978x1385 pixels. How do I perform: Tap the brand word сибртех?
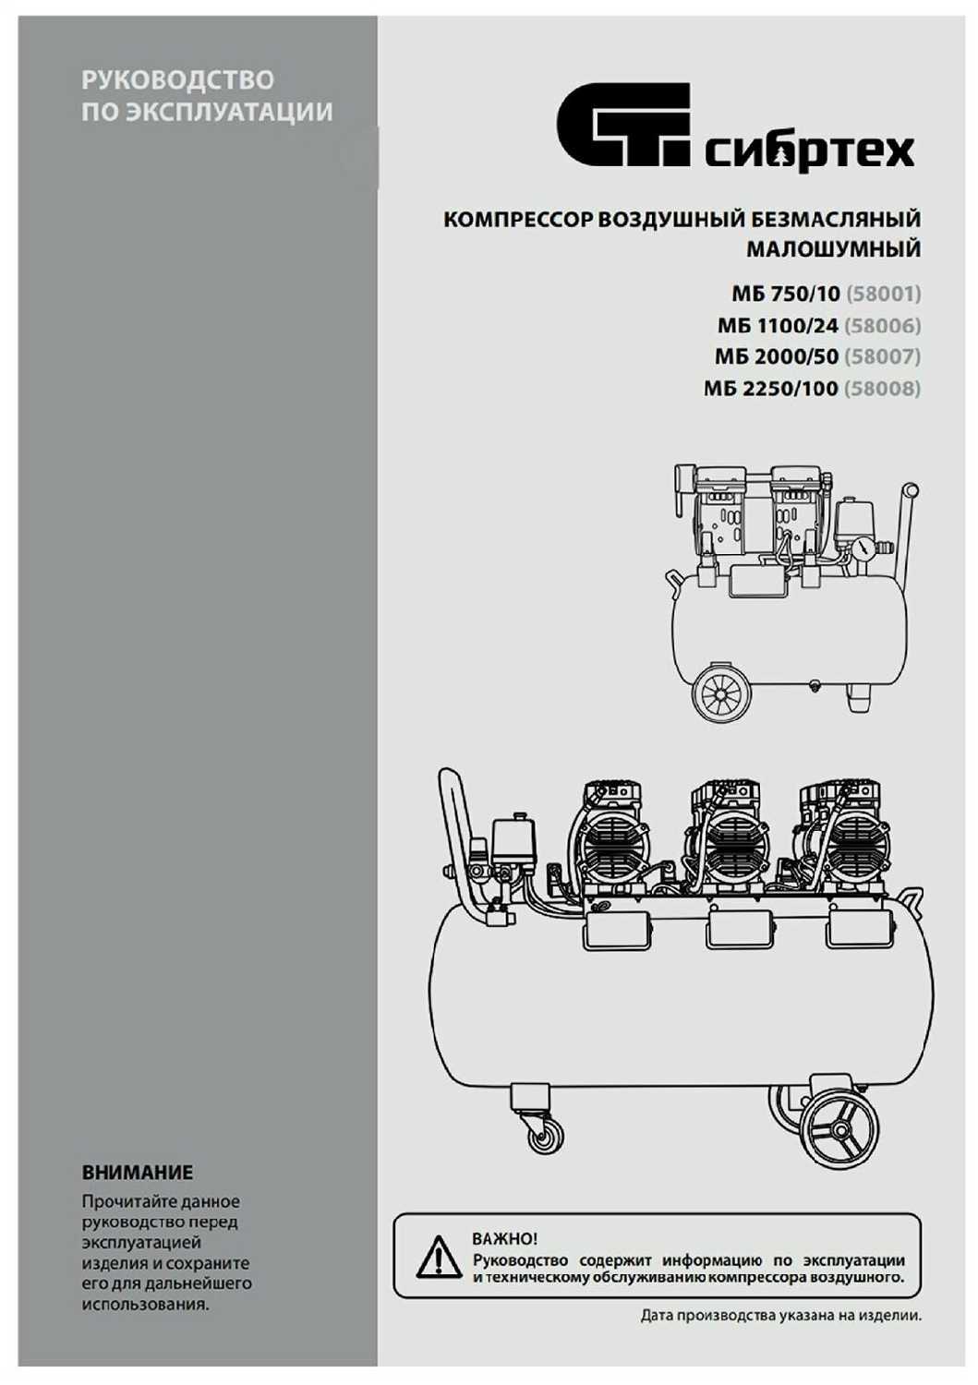809,151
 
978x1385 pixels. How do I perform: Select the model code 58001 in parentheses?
884,294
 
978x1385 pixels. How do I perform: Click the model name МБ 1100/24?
778,325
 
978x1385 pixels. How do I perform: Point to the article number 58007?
883,356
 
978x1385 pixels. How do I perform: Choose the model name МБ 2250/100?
770,388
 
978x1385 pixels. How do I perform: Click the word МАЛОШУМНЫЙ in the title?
833,249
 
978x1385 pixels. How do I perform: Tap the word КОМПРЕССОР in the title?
518,220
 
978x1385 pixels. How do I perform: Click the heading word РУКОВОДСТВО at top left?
177,79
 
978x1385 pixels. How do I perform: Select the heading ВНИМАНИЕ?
138,1173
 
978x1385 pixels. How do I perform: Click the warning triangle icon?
438,1257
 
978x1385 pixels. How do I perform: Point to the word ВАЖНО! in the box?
504,1239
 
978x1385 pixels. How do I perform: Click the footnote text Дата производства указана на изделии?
780,1317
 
